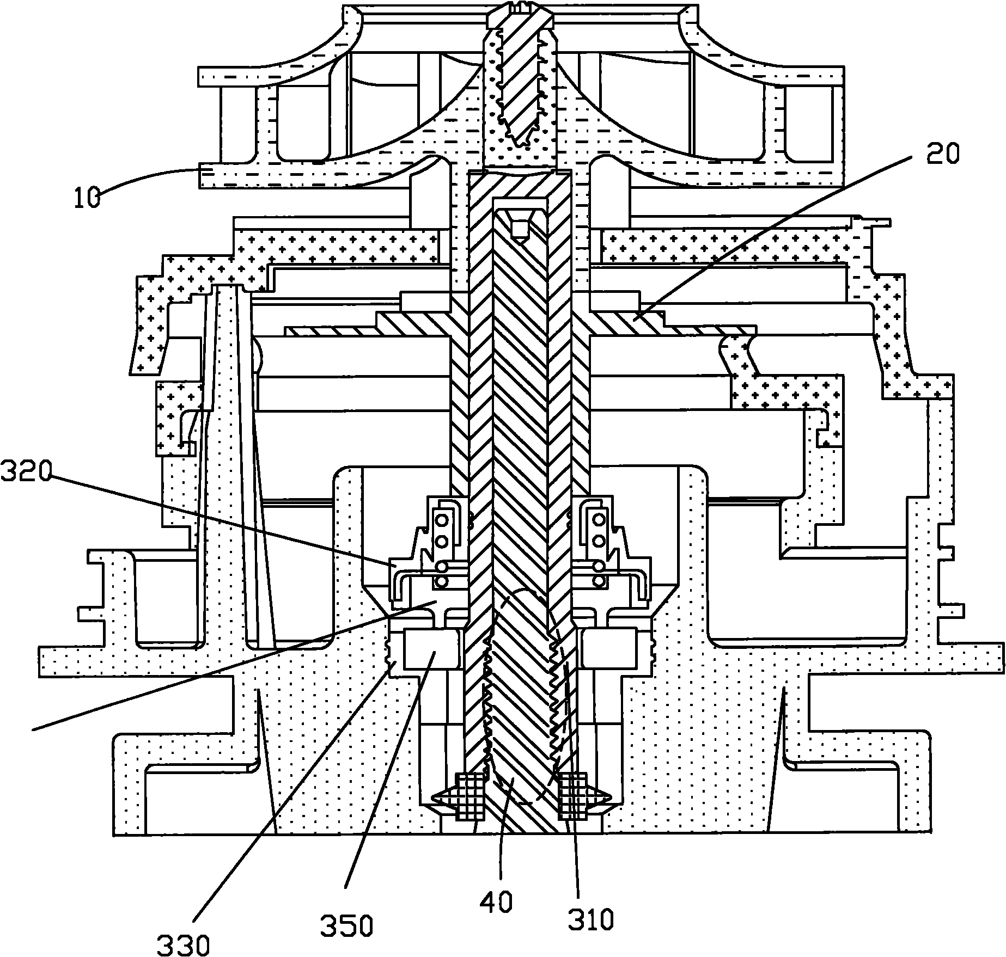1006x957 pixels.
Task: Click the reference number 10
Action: coord(87,197)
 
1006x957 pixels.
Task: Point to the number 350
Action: coord(346,924)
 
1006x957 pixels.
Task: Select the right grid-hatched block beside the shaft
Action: coord(572,796)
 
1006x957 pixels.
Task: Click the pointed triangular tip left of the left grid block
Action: coord(439,797)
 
